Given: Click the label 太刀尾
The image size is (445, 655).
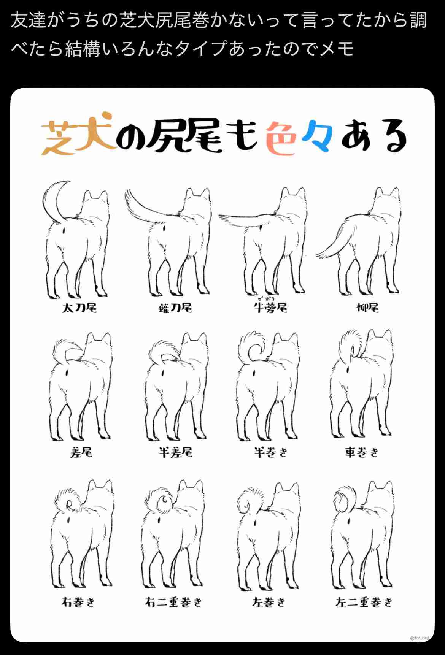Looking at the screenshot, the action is pyautogui.click(x=79, y=308).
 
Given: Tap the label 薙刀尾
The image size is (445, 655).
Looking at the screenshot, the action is pyautogui.click(x=175, y=308).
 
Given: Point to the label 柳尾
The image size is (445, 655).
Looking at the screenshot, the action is pyautogui.click(x=367, y=308).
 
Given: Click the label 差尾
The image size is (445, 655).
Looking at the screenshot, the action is pyautogui.click(x=81, y=452).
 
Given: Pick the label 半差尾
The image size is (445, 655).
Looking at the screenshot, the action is pyautogui.click(x=176, y=452).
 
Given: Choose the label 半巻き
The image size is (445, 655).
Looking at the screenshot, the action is pyautogui.click(x=271, y=452).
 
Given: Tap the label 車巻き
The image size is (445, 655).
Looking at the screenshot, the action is pyautogui.click(x=362, y=452).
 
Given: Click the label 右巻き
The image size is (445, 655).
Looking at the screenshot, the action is pyautogui.click(x=78, y=602).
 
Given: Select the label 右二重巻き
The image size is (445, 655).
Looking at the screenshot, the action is pyautogui.click(x=173, y=602).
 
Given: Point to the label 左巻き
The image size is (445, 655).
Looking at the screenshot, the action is pyautogui.click(x=269, y=602).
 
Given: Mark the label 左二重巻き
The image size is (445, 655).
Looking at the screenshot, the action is pyautogui.click(x=364, y=602).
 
